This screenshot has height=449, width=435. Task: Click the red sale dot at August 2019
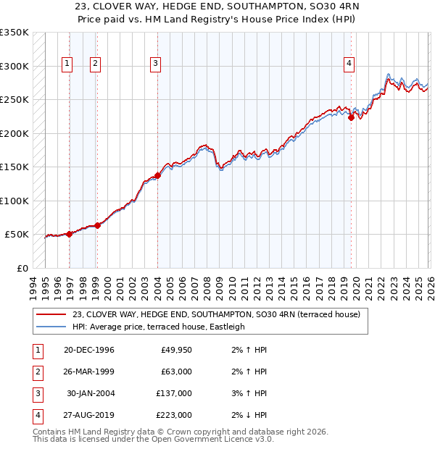pos(351,118)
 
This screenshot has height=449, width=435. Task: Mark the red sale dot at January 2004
pos(157,176)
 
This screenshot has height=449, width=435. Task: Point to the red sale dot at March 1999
pos(97,225)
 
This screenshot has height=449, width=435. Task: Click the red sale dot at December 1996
pos(70,234)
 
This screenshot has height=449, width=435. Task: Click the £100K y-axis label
pos(14,201)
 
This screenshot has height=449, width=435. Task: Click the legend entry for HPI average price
pos(158,327)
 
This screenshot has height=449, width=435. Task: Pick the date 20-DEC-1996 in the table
pos(89,350)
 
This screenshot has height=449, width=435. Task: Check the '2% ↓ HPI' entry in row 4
pos(250,415)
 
